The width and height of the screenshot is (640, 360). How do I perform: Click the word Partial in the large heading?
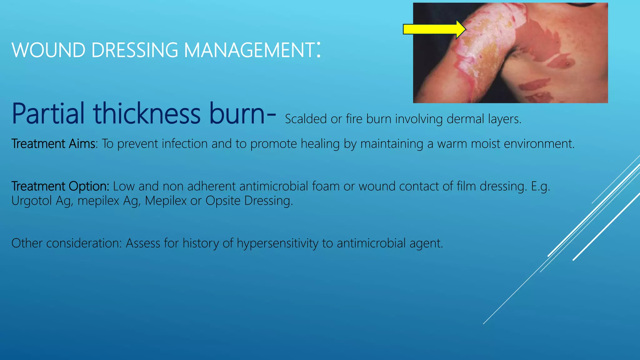tap(48, 113)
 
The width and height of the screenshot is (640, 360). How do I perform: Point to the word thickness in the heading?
tap(147, 113)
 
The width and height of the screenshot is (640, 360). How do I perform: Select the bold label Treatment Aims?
tap(53, 144)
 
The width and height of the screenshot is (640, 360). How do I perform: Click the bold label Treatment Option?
tap(60, 186)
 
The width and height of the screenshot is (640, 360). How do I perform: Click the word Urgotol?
tap(31, 201)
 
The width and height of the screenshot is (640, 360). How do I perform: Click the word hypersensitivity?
tap(277, 243)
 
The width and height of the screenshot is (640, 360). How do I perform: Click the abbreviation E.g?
tap(540, 186)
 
